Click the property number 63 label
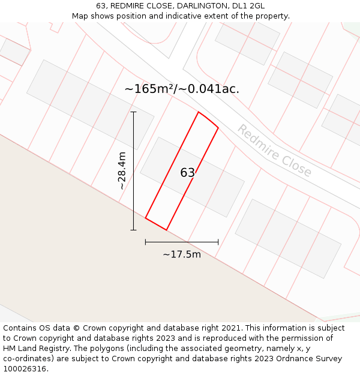tap(188, 173)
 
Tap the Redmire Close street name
tap(274, 151)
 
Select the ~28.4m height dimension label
tap(122, 170)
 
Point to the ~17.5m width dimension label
tap(182, 254)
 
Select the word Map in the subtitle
tap(80, 16)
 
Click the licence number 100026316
tap(25, 369)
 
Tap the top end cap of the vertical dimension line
tap(133, 112)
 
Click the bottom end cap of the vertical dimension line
tap(133, 230)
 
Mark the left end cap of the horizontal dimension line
tap(145, 242)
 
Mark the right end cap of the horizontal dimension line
tap(218, 242)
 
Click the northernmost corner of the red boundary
tap(199, 112)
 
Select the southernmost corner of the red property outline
tap(166, 230)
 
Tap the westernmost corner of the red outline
tap(145, 218)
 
